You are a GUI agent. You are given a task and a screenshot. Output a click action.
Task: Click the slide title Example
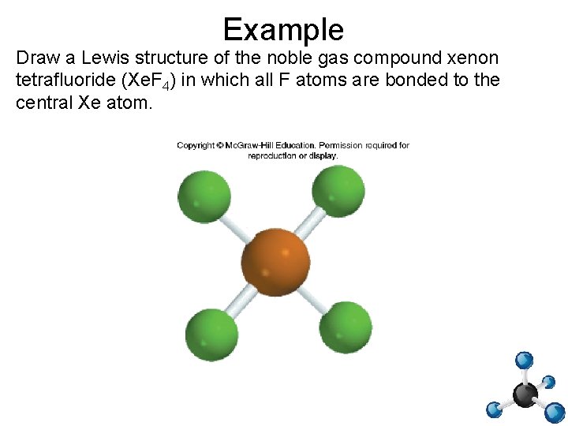click(x=283, y=30)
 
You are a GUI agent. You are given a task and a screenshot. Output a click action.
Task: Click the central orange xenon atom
click(x=275, y=259)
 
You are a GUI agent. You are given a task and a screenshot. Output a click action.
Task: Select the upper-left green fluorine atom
click(x=204, y=196)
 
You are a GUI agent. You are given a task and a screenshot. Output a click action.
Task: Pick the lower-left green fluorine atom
click(x=211, y=334)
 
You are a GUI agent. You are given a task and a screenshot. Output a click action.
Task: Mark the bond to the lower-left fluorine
click(x=241, y=298)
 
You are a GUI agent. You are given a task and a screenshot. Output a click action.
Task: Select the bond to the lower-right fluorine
click(x=311, y=293)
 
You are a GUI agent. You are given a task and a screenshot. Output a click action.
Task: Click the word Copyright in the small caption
click(x=196, y=145)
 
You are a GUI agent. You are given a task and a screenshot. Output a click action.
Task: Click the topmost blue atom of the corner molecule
click(x=524, y=361)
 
